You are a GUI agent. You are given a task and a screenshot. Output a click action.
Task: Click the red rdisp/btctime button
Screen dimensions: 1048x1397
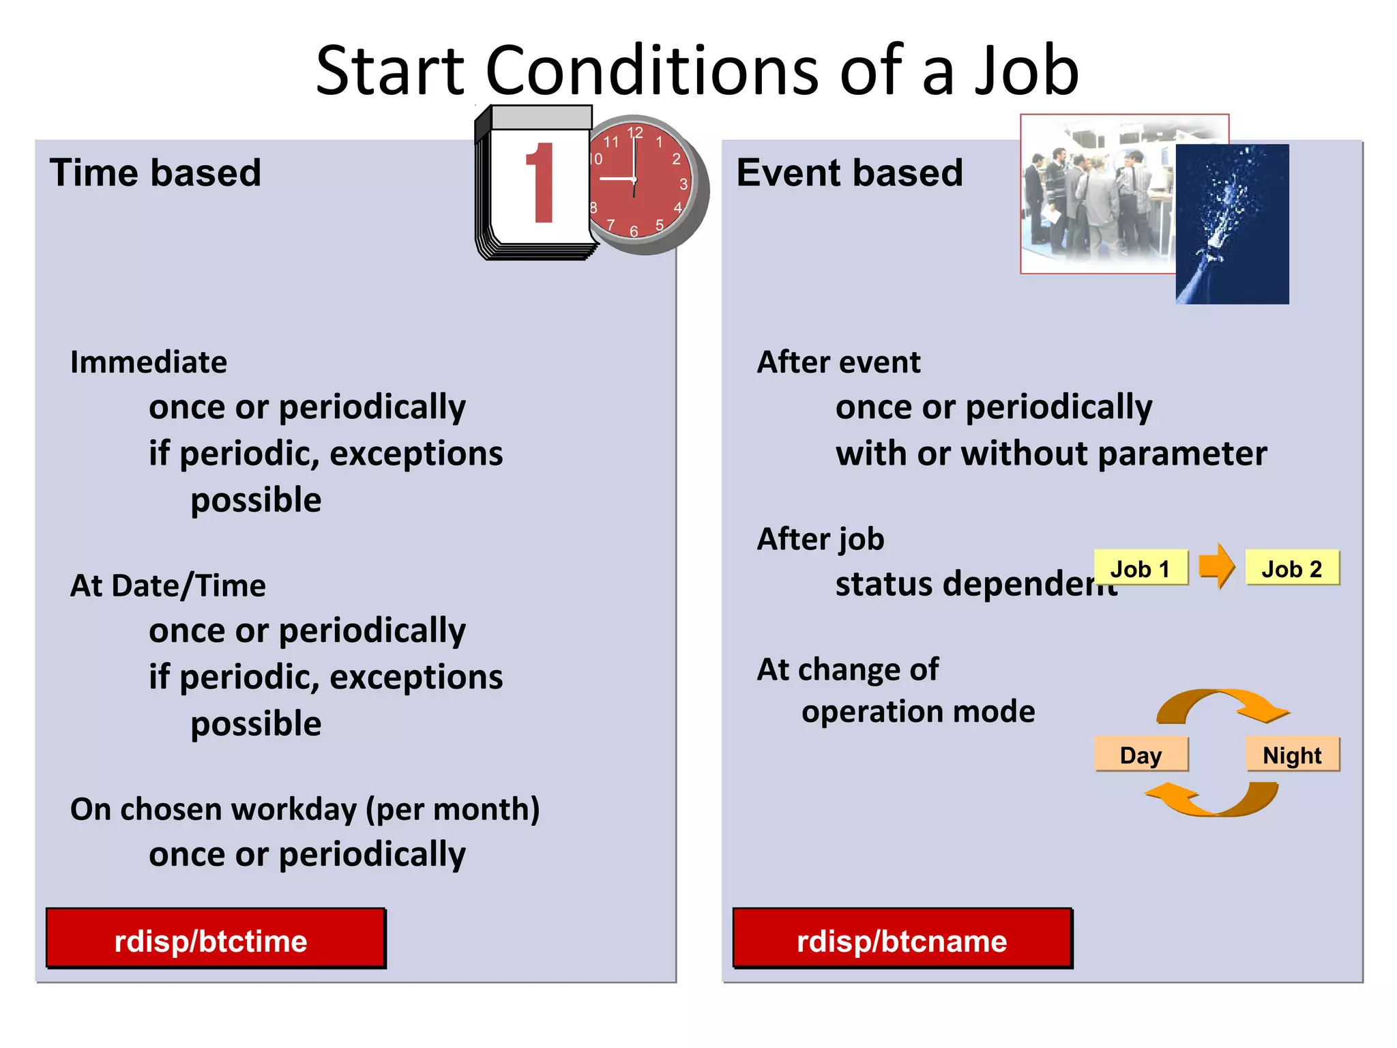click(215, 939)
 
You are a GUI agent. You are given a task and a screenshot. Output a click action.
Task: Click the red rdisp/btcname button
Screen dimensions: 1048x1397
click(902, 939)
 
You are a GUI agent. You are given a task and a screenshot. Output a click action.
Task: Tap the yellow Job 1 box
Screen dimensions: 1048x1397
click(1141, 568)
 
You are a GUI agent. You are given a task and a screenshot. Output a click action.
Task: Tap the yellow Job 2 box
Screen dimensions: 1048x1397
click(1292, 568)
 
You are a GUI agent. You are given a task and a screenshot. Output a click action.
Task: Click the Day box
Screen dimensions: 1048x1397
click(1141, 755)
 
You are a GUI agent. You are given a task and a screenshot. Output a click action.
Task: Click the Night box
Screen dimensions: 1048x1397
click(1292, 755)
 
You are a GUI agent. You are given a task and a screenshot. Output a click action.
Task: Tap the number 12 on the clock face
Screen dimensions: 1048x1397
click(635, 132)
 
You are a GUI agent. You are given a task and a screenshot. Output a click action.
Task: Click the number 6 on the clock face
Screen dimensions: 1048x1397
click(634, 232)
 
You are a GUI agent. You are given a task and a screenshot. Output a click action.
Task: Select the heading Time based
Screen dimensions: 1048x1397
click(156, 173)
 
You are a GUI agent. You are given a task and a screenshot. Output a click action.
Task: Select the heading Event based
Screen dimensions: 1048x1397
click(849, 173)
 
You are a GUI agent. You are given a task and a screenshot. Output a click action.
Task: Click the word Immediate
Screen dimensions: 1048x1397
click(149, 362)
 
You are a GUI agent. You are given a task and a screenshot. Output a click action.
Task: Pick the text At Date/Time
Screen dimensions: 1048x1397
click(168, 585)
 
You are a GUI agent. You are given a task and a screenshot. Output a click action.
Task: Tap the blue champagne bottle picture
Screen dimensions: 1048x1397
click(1232, 225)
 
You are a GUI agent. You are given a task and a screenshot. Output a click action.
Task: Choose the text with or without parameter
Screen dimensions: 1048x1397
click(1051, 454)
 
